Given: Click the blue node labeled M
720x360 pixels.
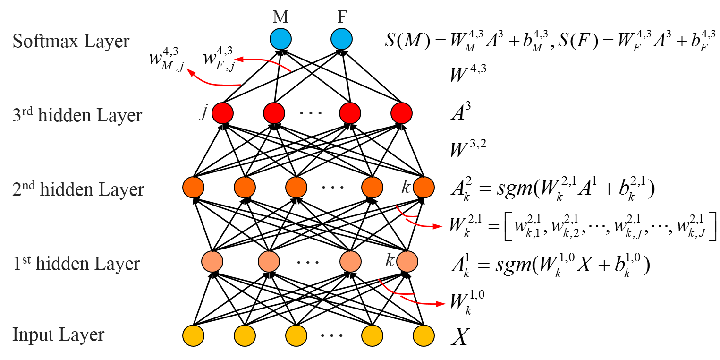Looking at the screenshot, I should [x=280, y=39].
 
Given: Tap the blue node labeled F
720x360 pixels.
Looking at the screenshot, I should [x=341, y=39].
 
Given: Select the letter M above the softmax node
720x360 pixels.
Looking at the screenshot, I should [x=280, y=17].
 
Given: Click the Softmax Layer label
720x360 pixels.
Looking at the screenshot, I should [x=71, y=41].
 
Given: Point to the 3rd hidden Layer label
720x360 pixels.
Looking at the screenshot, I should [x=77, y=115].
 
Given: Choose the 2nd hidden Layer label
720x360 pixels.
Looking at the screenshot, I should [x=78, y=189].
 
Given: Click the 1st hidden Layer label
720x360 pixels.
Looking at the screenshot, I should [x=76, y=263].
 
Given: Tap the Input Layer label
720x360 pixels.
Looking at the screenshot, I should [x=58, y=335].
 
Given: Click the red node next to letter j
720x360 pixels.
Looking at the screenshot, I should [x=222, y=113].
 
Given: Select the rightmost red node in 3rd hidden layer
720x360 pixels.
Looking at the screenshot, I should [x=401, y=113].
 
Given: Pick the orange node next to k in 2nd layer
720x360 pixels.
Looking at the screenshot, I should [x=424, y=188].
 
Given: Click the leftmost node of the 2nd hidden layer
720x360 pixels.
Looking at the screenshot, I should [x=193, y=188].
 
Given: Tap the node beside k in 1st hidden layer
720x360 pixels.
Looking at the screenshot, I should [x=407, y=262].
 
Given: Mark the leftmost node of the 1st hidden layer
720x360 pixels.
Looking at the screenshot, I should [x=212, y=262].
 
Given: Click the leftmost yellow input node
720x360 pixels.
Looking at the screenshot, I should [x=193, y=336].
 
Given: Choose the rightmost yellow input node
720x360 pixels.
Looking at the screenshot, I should [x=424, y=336].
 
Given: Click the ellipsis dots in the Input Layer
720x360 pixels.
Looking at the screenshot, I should [x=332, y=336].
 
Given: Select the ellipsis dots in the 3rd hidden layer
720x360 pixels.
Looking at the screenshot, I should [x=311, y=114].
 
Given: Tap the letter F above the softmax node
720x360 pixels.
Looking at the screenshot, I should [x=342, y=17].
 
